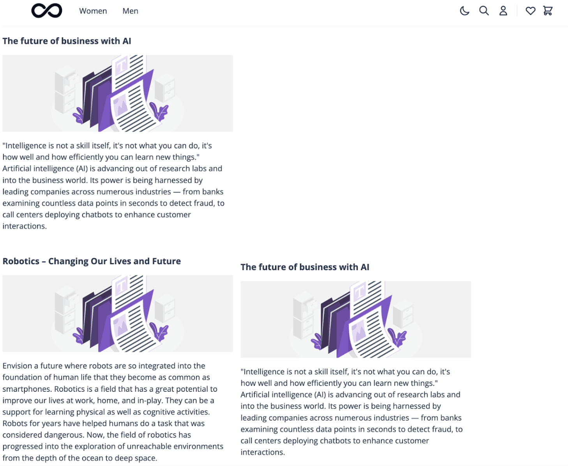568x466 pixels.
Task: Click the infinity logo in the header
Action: pos(46,11)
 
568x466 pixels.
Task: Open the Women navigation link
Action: pos(93,11)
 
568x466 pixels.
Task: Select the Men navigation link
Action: pos(130,11)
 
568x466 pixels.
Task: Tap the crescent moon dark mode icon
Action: pos(464,11)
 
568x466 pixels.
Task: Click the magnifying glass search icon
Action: pos(484,11)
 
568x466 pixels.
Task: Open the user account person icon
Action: pos(503,11)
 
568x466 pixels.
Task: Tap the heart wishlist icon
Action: pos(530,11)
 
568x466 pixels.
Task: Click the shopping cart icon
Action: pos(548,11)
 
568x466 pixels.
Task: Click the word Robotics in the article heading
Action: pos(21,261)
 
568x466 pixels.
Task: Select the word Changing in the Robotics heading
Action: pos(68,261)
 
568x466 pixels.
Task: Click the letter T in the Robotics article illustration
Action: pos(121,286)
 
